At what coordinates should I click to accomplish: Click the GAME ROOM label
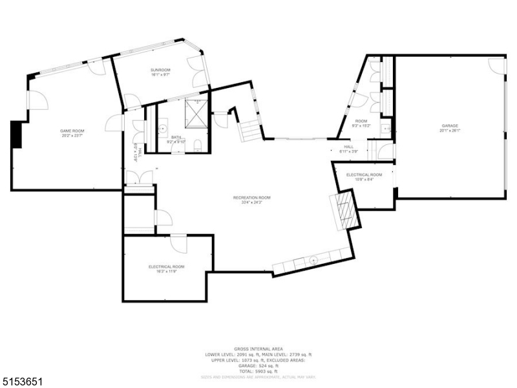73,131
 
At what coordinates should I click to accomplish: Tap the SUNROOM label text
160,69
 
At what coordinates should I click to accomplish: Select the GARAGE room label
450,125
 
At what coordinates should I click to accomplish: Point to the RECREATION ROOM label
252,197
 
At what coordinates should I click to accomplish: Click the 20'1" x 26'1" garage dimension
450,131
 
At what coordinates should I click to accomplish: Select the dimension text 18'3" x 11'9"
167,272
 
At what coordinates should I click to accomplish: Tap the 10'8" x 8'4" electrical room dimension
364,180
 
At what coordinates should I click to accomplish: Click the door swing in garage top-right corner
496,65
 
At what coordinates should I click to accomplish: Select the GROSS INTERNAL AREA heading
258,349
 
